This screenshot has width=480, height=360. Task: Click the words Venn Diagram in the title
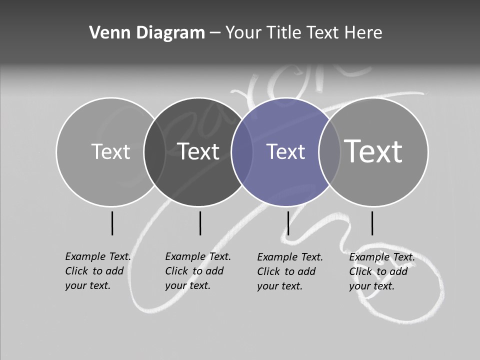click(147, 33)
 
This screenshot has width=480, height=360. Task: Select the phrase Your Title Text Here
click(303, 33)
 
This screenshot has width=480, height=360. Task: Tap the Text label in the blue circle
click(285, 152)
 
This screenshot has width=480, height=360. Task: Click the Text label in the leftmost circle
click(110, 152)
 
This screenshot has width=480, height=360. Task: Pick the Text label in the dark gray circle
click(198, 152)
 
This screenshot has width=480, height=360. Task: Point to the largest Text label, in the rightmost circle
click(373, 151)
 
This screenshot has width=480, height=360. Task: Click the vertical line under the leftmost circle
click(112, 223)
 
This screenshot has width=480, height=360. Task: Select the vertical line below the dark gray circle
click(200, 223)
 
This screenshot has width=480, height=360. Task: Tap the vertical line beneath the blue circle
click(288, 223)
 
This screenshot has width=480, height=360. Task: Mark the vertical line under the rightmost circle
click(372, 223)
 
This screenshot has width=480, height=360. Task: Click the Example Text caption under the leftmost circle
click(98, 271)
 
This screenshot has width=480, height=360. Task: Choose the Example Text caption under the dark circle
click(198, 271)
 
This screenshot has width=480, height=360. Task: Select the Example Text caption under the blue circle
click(290, 271)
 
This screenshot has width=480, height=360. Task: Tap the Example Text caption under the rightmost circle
click(382, 271)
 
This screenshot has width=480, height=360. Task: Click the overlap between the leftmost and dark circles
click(154, 152)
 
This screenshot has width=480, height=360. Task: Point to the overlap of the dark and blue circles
click(242, 152)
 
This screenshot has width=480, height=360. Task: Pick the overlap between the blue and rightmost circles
click(329, 152)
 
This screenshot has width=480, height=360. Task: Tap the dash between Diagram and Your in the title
click(215, 33)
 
